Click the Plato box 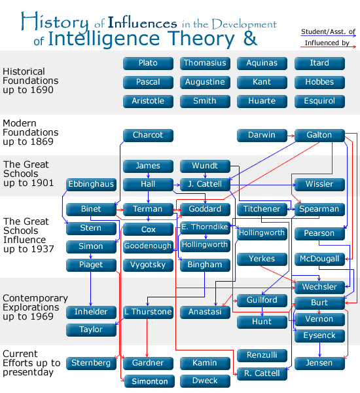pyautogui.click(x=148, y=63)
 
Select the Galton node pyautogui.click(x=319, y=136)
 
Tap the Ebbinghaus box pyautogui.click(x=91, y=185)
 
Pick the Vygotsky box pyautogui.click(x=148, y=265)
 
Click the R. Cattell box pyautogui.click(x=262, y=374)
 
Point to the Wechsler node pyautogui.click(x=319, y=288)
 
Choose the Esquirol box pyautogui.click(x=319, y=102)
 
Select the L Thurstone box pyautogui.click(x=148, y=312)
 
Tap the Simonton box pyautogui.click(x=149, y=381)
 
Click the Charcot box pyautogui.click(x=148, y=136)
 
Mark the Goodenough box pyautogui.click(x=148, y=246)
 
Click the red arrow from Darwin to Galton pyautogui.click(x=291, y=136)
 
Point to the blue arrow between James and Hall pyautogui.click(x=148, y=175)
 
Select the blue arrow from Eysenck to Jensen pyautogui.click(x=319, y=350)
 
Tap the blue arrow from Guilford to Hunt pyautogui.click(x=262, y=312)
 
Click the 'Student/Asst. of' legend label pyautogui.click(x=328, y=32)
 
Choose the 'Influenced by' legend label pyautogui.click(x=327, y=43)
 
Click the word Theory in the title pyautogui.click(x=201, y=39)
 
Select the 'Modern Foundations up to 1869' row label pyautogui.click(x=30, y=132)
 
